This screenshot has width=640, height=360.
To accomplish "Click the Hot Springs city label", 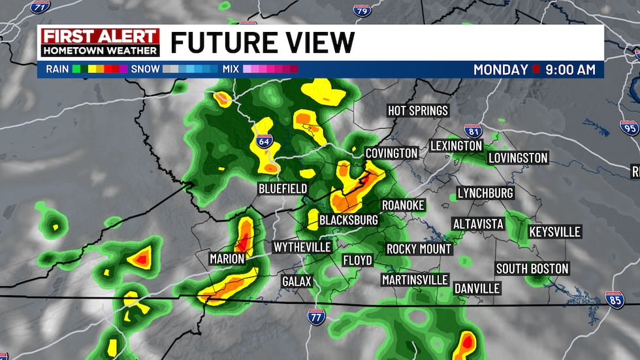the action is point(418,110).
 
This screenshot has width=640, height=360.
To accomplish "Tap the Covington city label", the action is point(391,153).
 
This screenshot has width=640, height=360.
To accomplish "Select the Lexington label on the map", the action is point(456,146).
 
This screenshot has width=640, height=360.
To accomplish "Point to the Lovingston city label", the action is point(518,158).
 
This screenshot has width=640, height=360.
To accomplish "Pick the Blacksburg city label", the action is point(348,220).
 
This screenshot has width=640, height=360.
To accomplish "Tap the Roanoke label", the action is point(403,205).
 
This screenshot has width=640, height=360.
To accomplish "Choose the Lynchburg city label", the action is point(485,193).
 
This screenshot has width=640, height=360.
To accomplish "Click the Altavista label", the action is point(479,224).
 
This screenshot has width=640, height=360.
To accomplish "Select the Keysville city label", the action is point(554,232).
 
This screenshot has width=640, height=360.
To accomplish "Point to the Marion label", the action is point(227,259).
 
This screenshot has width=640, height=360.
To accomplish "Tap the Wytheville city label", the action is point(302,247).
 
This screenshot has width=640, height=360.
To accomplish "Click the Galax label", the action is point(296,281).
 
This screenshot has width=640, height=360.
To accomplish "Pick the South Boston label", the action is point(532,269).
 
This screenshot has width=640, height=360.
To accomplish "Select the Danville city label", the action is point(477,288).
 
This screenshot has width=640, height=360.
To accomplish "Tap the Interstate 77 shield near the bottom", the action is point(317,317).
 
